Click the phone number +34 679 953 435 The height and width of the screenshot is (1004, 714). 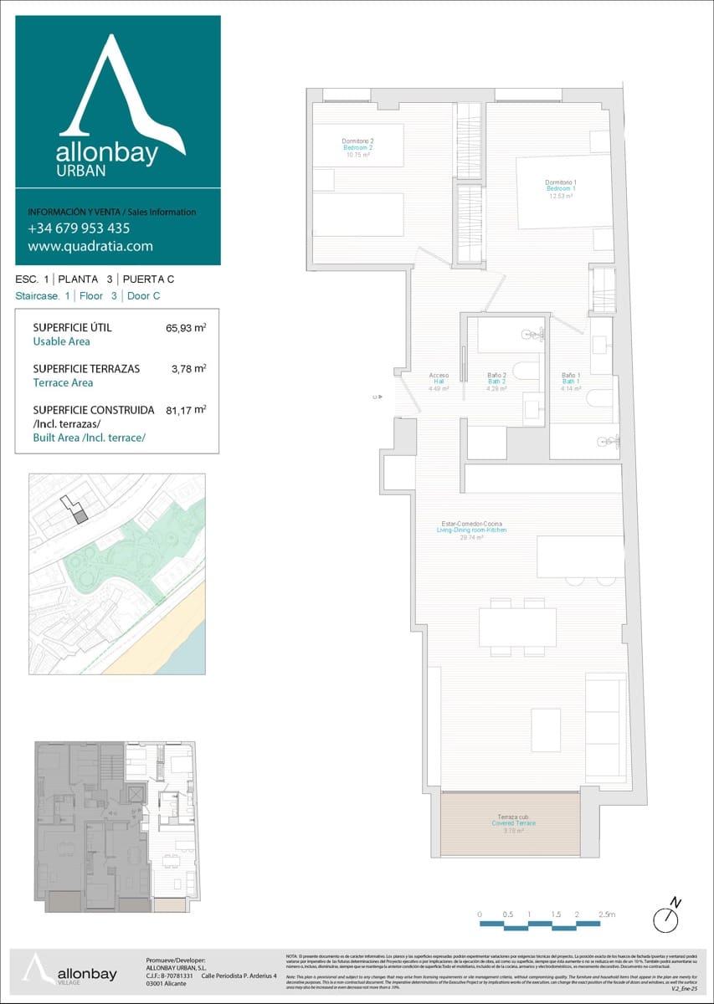click(79, 228)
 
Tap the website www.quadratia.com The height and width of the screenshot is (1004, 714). click(90, 246)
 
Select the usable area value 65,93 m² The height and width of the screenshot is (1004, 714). click(186, 328)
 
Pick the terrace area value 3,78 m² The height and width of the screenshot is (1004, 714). click(189, 368)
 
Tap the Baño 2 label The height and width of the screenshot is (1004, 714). click(496, 382)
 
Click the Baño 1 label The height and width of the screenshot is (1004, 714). click(571, 382)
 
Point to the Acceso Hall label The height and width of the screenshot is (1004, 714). click(439, 382)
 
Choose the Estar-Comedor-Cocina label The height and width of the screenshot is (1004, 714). click(473, 530)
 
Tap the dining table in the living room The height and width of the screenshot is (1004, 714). click(517, 627)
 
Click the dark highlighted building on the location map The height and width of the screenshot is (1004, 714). click(80, 516)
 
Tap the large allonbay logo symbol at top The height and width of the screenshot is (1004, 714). click(117, 88)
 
